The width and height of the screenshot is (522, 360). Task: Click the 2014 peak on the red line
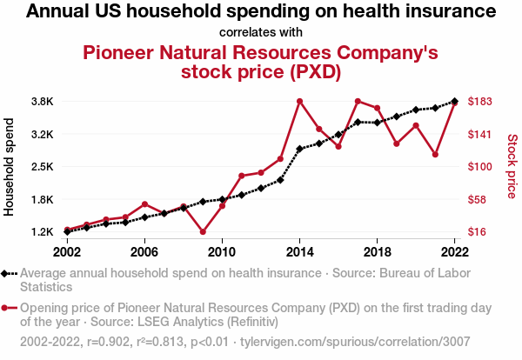click(299, 101)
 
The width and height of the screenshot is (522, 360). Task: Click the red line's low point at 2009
click(203, 231)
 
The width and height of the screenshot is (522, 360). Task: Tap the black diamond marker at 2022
click(454, 101)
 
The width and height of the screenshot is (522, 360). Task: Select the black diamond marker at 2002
click(67, 231)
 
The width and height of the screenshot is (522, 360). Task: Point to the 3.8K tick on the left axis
click(42, 101)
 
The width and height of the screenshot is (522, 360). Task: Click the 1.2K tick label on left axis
click(42, 231)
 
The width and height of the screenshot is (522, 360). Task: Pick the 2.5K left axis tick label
click(42, 166)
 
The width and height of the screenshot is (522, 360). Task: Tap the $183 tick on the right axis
click(481, 101)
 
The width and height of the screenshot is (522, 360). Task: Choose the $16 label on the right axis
click(478, 231)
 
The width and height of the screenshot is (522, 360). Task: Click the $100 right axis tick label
click(481, 166)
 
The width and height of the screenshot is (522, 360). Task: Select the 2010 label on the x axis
click(222, 251)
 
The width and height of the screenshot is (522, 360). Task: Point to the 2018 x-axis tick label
click(377, 251)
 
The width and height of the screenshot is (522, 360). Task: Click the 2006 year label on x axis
click(144, 251)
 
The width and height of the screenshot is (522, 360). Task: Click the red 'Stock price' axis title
click(512, 164)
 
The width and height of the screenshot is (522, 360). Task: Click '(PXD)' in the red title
click(314, 71)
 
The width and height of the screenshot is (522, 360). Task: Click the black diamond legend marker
click(9, 273)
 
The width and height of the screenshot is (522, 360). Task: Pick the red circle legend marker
click(9, 308)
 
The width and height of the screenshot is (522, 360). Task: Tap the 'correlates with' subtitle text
click(261, 33)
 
